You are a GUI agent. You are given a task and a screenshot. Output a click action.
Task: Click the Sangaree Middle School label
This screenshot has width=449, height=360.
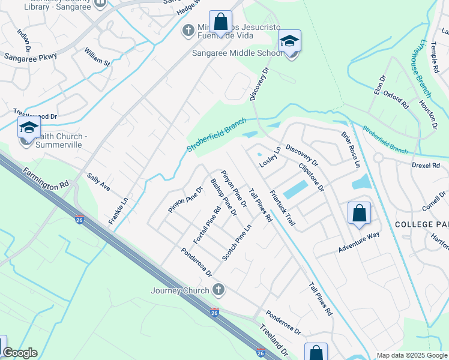tap(237, 53)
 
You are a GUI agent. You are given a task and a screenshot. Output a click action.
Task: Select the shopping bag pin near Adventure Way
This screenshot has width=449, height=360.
tap(359, 213)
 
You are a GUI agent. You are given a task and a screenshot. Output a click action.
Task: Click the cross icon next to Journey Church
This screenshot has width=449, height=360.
tap(218, 290)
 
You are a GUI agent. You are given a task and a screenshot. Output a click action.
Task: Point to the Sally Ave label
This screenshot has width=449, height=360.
tap(98, 182)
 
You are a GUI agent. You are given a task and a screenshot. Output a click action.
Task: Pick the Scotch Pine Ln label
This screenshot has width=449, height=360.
tap(237, 243)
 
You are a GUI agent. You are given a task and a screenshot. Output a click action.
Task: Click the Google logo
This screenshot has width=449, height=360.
tap(19, 353)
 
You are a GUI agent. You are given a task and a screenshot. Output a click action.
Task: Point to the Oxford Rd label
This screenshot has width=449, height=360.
tap(396, 100)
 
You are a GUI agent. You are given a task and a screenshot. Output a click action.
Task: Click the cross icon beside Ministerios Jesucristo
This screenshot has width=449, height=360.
tap(188, 29)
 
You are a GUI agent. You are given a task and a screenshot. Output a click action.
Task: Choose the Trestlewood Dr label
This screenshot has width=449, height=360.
tap(35, 114)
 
